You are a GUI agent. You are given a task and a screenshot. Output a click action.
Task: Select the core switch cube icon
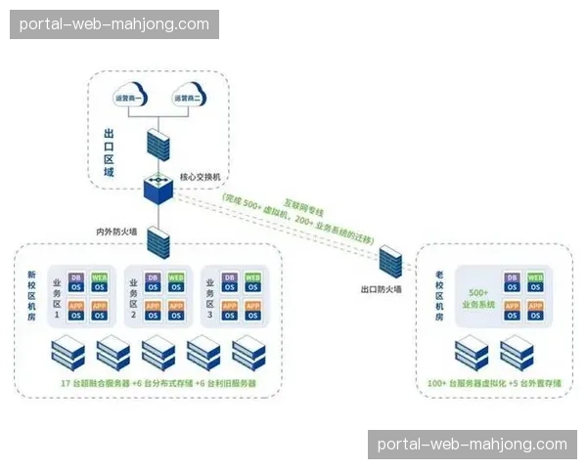coord(157,189)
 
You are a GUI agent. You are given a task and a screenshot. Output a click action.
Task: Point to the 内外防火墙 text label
coord(117,232)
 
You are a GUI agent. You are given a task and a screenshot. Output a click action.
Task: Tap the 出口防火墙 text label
coord(381,289)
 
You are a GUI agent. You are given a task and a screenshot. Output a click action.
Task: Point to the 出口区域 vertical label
coord(109,152)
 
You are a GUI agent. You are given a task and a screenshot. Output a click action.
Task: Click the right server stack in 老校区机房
coord(517,353)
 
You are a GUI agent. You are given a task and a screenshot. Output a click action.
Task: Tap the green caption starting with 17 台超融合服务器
coord(158,384)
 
